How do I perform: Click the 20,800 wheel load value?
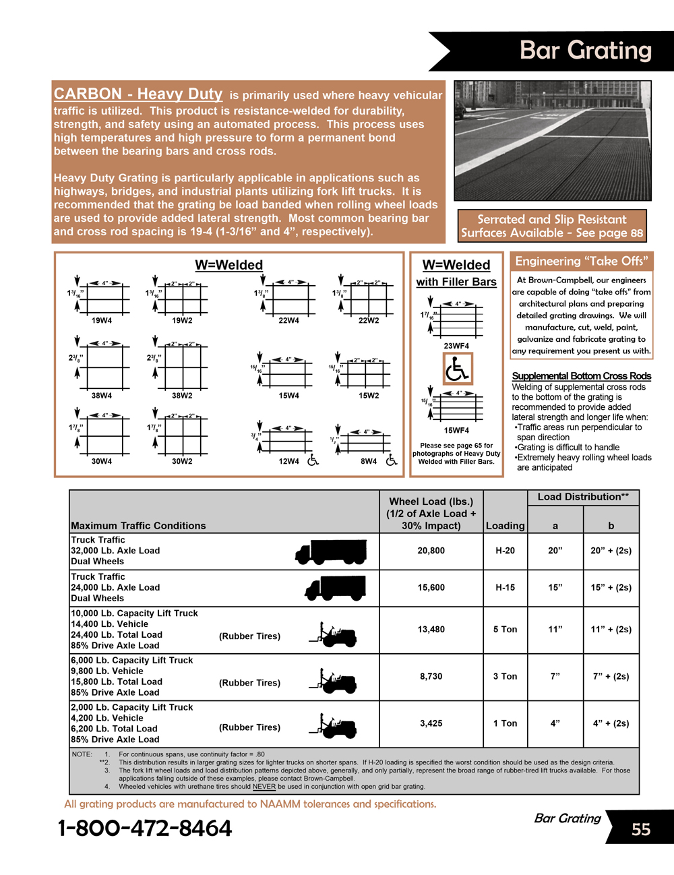[x=431, y=551]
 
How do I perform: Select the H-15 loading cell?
[x=505, y=588]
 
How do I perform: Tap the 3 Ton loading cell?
[x=505, y=677]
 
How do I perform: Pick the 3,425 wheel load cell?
[x=431, y=723]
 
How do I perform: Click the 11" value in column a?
[x=555, y=630]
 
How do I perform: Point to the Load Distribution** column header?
[x=583, y=497]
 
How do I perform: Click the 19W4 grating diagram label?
[x=102, y=321]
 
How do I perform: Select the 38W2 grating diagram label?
[x=182, y=396]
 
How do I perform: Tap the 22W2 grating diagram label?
[x=369, y=321]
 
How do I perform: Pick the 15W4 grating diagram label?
[x=288, y=396]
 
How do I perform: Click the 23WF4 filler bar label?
[x=456, y=346]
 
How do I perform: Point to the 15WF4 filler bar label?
[x=456, y=430]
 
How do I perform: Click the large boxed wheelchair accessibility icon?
[x=458, y=369]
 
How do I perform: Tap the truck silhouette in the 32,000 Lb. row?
[x=332, y=551]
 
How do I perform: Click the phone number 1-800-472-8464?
[x=145, y=828]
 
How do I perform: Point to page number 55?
[x=641, y=829]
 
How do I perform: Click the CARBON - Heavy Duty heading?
[x=138, y=94]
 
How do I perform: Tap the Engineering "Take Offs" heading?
[x=582, y=262]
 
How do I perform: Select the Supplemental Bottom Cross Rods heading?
[x=581, y=376]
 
